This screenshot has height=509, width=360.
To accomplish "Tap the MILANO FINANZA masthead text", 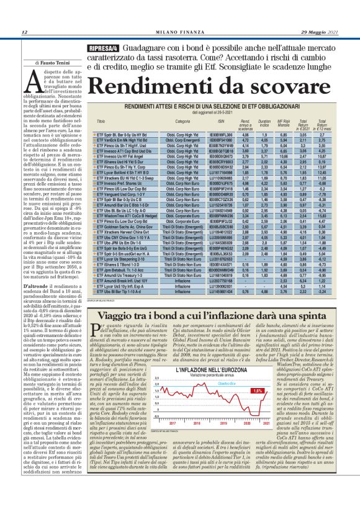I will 180,33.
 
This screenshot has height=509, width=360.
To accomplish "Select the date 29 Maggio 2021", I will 321,33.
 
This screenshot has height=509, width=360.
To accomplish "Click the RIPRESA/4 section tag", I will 106,47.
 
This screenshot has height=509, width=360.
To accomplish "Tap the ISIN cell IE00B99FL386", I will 220,134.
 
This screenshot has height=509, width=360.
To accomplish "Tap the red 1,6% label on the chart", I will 258,391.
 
